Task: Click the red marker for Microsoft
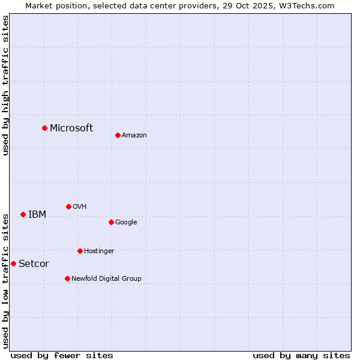click(x=44, y=128)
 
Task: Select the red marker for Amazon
click(x=118, y=135)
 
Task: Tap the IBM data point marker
click(x=23, y=214)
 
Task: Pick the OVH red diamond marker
click(x=68, y=206)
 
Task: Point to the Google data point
click(x=111, y=222)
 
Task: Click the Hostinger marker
click(x=80, y=251)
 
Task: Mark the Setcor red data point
click(x=13, y=263)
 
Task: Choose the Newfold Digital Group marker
click(x=67, y=278)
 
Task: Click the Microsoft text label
click(x=71, y=128)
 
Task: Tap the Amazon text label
click(x=134, y=135)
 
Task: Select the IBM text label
click(x=37, y=214)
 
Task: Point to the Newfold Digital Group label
click(x=106, y=278)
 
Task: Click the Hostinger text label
click(x=99, y=251)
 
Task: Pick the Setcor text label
click(x=34, y=263)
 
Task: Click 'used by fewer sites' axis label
click(x=62, y=355)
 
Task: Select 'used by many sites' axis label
click(x=301, y=355)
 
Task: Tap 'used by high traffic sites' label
click(x=5, y=85)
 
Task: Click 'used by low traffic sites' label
click(x=5, y=281)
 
